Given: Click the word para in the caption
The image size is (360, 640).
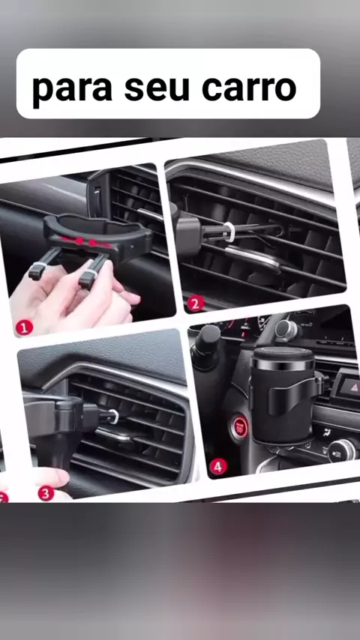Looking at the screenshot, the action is pyautogui.click(x=72, y=88).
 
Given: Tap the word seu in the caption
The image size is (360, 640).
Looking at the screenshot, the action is pyautogui.click(x=157, y=88).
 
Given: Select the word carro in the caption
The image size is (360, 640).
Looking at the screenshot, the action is pyautogui.click(x=249, y=88).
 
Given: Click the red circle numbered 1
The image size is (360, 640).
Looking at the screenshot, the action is pyautogui.click(x=24, y=327).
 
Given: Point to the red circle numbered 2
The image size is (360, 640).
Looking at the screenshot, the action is pyautogui.click(x=196, y=303).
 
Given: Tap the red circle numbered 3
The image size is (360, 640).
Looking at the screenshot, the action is pyautogui.click(x=46, y=493).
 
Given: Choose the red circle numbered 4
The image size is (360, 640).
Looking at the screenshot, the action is pyautogui.click(x=218, y=466).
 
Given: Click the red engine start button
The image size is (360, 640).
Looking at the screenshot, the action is pyautogui.click(x=239, y=427).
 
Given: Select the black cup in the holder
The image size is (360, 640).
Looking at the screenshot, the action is pyautogui.click(x=282, y=395).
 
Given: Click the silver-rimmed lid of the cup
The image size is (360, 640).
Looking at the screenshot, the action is pyautogui.click(x=283, y=358).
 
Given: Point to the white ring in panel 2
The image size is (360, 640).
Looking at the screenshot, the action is pyautogui.click(x=229, y=232).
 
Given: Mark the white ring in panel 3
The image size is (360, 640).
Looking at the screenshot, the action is pyautogui.click(x=114, y=417).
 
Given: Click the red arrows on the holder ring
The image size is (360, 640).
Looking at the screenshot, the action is pyautogui.click(x=85, y=241).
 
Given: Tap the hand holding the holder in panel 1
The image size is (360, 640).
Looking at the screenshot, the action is pyautogui.click(x=70, y=296).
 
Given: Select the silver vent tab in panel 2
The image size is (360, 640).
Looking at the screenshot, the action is pyautogui.click(x=253, y=258).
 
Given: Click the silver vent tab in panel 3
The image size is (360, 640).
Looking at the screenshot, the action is pyautogui.click(x=115, y=435).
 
